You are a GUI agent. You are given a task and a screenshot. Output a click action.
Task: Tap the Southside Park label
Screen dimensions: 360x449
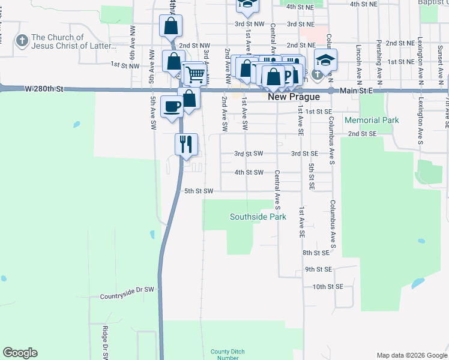coord(258,217)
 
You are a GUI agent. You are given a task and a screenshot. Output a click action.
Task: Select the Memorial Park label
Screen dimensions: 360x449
coord(372,120)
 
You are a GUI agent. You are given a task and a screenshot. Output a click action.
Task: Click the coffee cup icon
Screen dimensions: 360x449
coord(172,106)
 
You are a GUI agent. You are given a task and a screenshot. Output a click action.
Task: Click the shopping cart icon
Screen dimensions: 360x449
coord(196,74)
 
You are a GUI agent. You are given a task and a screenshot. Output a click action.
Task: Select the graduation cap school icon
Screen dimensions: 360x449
coord(325,60)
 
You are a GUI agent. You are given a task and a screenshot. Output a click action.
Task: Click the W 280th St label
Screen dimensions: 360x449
coord(44,89)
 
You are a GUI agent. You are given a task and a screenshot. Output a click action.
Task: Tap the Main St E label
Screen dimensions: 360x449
coord(356,90)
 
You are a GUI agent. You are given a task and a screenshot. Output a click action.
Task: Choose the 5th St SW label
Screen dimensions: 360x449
coord(199,191)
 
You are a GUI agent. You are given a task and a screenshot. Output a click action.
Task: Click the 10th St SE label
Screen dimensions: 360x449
coord(327,287)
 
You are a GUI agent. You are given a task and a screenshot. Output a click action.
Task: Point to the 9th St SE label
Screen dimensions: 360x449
coord(318,269)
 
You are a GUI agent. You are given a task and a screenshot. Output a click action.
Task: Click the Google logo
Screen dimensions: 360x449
coord(20,353)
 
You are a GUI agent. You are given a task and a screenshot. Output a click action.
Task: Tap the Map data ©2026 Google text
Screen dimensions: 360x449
coord(411,355)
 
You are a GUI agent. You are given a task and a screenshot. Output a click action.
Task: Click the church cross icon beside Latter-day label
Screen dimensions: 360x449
coord(22,41)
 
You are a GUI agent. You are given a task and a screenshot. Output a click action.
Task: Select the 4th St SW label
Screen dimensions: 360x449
coord(249,172)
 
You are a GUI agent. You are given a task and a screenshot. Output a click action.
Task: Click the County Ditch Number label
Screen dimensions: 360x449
coord(224,355)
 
